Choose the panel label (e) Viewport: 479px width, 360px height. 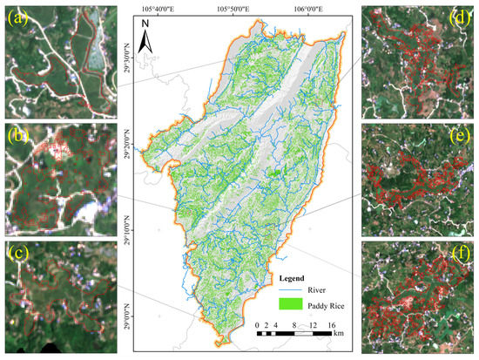(460, 136)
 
